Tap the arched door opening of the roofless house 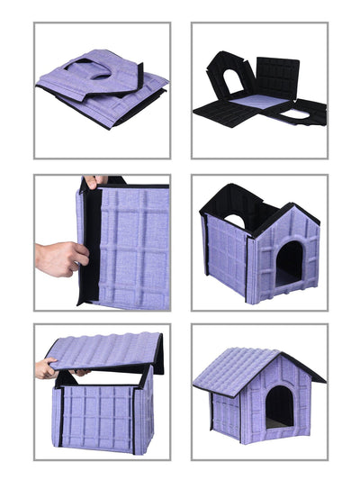tap(289, 262)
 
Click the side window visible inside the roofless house tap(233, 220)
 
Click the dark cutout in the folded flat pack tap(107, 69)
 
